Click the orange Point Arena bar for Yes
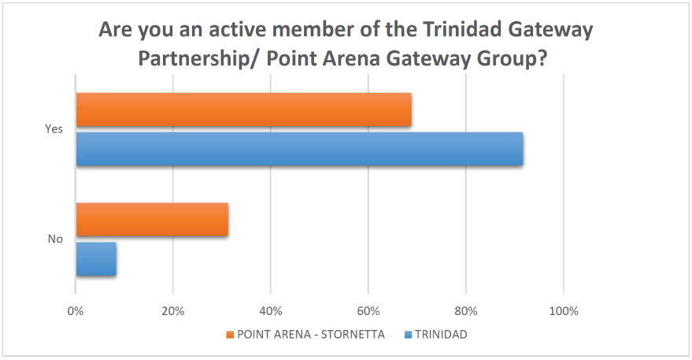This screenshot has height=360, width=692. click(x=243, y=109)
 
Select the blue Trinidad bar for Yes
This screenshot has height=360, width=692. click(x=299, y=149)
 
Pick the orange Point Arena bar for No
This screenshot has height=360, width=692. click(x=152, y=219)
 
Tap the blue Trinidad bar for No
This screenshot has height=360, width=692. click(x=96, y=259)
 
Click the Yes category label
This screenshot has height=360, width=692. click(x=54, y=129)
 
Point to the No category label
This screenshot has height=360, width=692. click(x=55, y=239)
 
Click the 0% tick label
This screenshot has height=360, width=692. click(x=76, y=311)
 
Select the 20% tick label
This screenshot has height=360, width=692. click(x=173, y=311)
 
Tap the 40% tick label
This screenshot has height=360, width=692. click(x=271, y=311)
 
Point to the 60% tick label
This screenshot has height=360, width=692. click(x=368, y=311)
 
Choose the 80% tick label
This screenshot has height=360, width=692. click(x=466, y=311)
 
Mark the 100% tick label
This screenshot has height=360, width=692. click(x=564, y=311)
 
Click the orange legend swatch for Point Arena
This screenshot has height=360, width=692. click(x=229, y=335)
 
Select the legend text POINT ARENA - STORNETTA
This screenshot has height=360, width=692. click(x=310, y=335)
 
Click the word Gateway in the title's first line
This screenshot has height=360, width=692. click(x=546, y=32)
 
